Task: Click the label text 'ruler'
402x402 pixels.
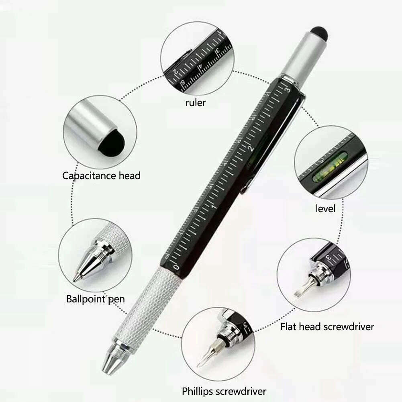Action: (196, 102)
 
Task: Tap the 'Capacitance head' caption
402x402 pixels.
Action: (101, 175)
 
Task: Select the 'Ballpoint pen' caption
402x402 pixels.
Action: (95, 299)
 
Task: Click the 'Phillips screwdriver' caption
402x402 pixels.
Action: (224, 391)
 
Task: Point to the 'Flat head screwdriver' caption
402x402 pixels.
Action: (327, 326)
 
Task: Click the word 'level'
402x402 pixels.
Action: (325, 208)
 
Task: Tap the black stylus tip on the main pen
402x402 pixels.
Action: (319, 33)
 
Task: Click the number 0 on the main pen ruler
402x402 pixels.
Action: (175, 266)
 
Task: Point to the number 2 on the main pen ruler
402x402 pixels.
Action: (252, 149)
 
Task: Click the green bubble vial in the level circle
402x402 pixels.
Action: (330, 167)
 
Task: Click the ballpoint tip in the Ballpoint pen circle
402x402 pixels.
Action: (76, 278)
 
